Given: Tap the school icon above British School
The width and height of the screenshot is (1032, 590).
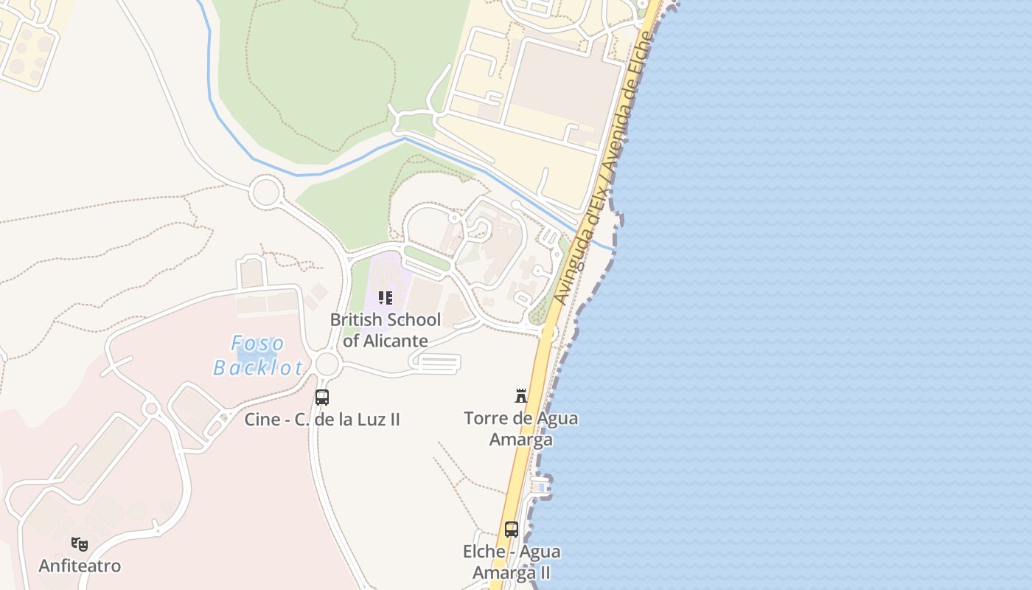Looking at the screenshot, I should (385, 298).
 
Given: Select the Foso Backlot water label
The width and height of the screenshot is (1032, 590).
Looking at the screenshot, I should (258, 355).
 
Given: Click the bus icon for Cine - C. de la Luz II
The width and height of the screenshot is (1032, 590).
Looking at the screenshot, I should (322, 398).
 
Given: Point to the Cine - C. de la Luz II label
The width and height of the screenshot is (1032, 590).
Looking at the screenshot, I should (322, 420).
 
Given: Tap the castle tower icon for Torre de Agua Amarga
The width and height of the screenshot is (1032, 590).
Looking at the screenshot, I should (521, 396).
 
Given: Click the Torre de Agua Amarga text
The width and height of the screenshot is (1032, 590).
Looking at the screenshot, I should (521, 428).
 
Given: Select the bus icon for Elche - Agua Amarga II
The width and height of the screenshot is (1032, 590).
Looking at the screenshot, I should (511, 529).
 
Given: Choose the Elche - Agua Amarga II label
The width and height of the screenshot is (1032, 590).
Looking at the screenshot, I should (511, 562).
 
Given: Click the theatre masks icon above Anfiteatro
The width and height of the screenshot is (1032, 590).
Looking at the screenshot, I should (80, 544).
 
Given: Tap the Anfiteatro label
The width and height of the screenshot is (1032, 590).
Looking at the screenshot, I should (80, 566).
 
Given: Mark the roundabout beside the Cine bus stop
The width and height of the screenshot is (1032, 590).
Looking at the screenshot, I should (327, 364).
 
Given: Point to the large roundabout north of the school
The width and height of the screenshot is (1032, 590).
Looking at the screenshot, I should (265, 192).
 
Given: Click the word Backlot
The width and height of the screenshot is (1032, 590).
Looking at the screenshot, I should (258, 367).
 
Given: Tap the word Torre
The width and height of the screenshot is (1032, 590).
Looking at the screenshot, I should (485, 418).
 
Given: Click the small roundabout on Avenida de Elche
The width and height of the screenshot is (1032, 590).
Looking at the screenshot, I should (548, 334).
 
